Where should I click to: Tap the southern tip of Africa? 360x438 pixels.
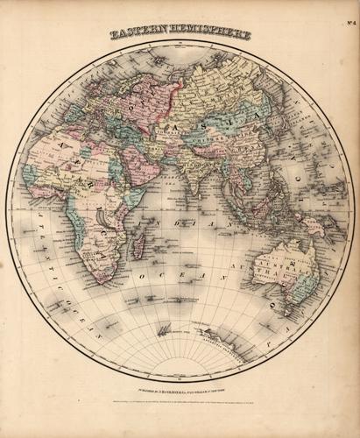coord(102,279)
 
